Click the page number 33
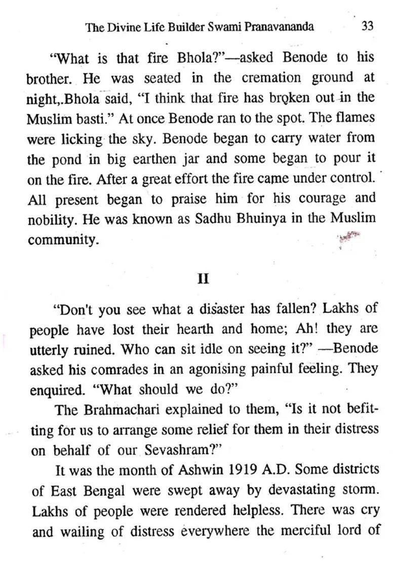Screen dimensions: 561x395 [x=368, y=26]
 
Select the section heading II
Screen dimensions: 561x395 [x=203, y=279]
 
